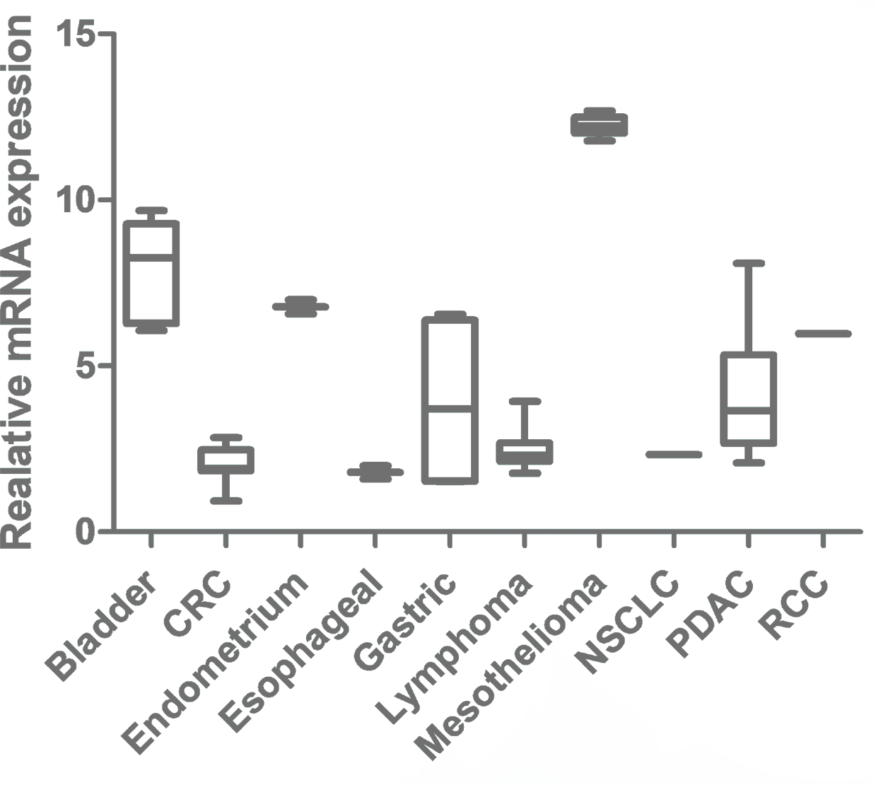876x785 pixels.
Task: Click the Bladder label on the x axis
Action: point(100,629)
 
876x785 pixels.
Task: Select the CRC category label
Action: point(198,606)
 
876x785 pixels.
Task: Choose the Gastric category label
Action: point(405,622)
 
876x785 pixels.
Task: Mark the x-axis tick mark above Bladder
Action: point(151,541)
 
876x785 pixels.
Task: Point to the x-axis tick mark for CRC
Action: point(226,541)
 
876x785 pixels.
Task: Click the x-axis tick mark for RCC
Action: point(823,541)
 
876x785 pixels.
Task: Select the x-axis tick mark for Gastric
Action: point(450,541)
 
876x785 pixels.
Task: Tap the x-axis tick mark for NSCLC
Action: point(674,541)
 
